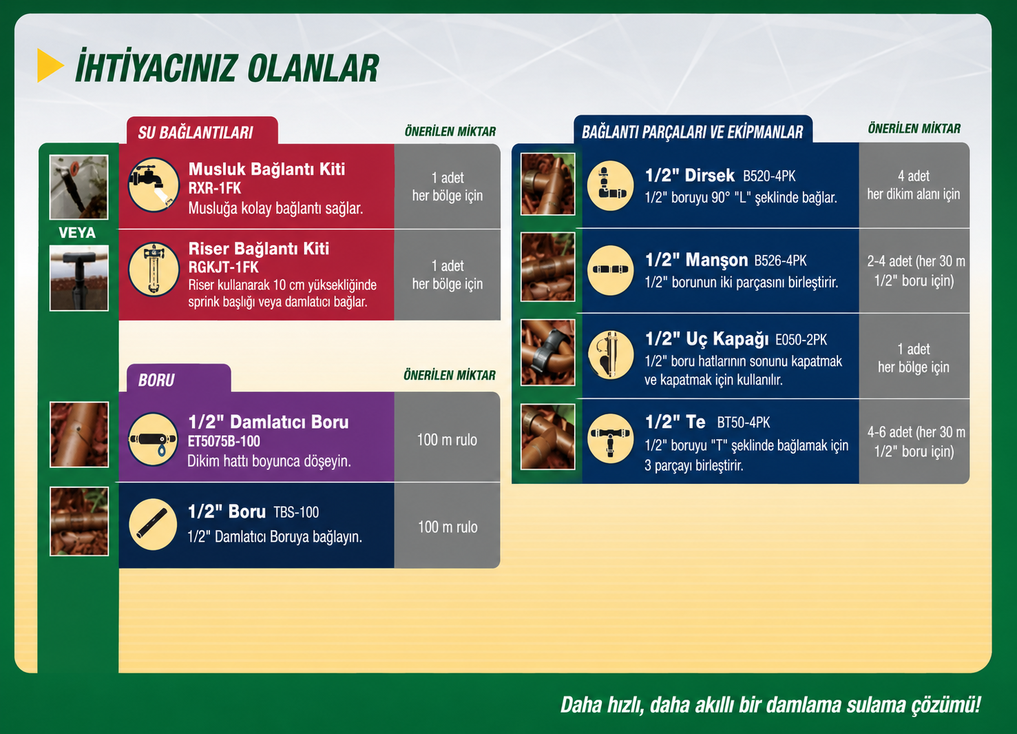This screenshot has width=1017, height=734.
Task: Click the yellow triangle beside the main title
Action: (x=49, y=65)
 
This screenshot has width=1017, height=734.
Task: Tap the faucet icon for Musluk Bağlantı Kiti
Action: (x=154, y=185)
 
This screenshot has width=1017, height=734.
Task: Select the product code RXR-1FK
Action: (x=214, y=188)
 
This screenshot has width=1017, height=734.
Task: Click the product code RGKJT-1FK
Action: (x=223, y=267)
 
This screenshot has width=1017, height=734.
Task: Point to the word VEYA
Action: (x=77, y=233)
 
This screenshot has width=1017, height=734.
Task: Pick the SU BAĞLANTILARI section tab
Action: (x=202, y=131)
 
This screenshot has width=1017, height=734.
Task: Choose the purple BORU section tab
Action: (x=178, y=378)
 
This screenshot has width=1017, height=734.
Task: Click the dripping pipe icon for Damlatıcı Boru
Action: (x=153, y=439)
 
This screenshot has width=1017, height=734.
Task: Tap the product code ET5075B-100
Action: (x=224, y=441)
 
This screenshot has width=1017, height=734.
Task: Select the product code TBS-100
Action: (x=296, y=513)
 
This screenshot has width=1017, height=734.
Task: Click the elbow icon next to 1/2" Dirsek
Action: (x=610, y=185)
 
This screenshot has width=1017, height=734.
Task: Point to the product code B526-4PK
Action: (x=780, y=261)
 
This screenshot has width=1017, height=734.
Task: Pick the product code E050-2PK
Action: (x=801, y=340)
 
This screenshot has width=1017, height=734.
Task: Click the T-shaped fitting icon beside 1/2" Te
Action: (x=610, y=438)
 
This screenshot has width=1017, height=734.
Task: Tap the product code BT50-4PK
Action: (x=744, y=422)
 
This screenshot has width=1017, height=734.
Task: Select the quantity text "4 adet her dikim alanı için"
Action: (x=914, y=185)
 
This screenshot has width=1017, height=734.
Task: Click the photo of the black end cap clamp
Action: (x=548, y=352)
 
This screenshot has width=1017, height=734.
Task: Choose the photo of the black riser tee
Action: (x=79, y=278)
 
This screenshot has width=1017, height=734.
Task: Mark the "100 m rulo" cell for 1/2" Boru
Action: (x=447, y=527)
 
